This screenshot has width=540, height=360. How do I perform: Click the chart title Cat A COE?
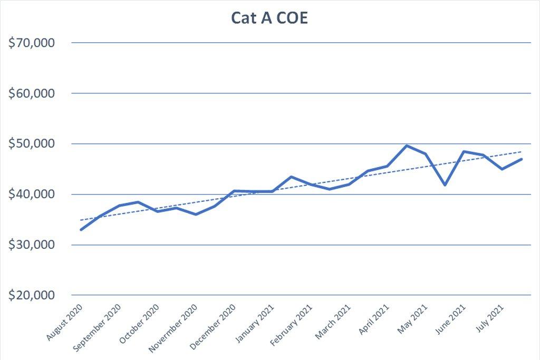coord(270,17)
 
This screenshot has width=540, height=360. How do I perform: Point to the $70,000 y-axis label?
coord(32,43)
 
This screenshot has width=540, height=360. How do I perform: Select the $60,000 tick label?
coord(32,94)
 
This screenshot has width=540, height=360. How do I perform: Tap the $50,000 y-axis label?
coord(32,144)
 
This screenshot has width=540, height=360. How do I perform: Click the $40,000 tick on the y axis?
coord(32,194)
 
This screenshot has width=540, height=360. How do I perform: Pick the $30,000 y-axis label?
coord(32,245)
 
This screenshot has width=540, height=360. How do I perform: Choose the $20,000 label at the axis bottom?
coord(32,296)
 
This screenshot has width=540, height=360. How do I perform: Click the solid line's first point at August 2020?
coord(81,230)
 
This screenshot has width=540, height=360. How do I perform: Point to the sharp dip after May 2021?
coord(445,185)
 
